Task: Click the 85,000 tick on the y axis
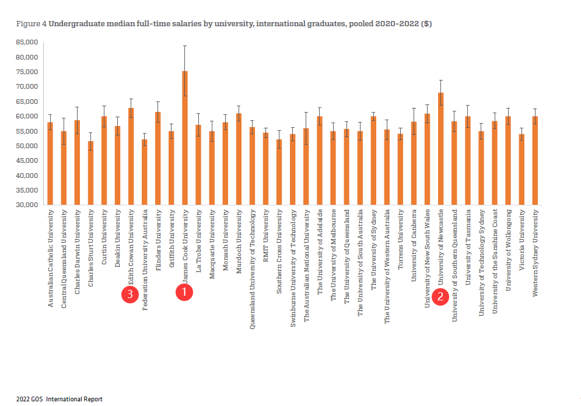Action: pyautogui.click(x=27, y=42)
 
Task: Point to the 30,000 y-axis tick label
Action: pyautogui.click(x=27, y=205)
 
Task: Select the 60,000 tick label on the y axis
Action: pyautogui.click(x=27, y=116)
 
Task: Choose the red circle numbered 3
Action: pyautogui.click(x=129, y=295)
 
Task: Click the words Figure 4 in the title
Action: pyautogui.click(x=32, y=24)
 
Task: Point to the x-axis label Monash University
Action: pyautogui.click(x=225, y=240)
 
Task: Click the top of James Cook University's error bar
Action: pyautogui.click(x=185, y=46)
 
